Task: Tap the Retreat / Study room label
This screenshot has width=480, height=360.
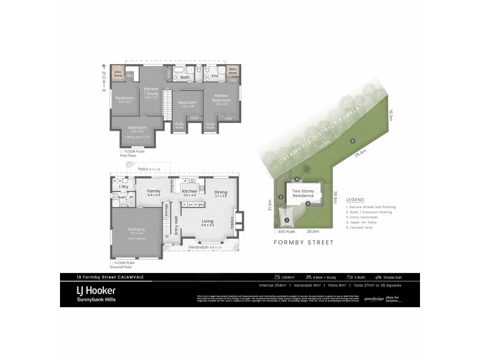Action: [x=151, y=91]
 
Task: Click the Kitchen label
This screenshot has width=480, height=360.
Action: [x=190, y=191]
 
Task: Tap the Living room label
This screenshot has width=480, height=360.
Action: [x=207, y=221]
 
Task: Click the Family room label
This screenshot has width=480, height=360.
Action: [x=154, y=191]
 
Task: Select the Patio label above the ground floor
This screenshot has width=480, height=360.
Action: [x=143, y=169]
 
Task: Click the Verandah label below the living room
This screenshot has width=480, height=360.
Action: [x=197, y=247]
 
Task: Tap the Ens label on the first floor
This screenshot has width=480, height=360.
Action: [x=214, y=76]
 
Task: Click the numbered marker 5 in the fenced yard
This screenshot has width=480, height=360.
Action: [x=352, y=141]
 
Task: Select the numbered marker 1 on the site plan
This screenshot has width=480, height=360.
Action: [x=287, y=221]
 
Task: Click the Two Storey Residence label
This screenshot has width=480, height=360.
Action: [x=303, y=193]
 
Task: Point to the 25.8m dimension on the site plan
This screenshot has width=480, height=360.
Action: [x=313, y=232]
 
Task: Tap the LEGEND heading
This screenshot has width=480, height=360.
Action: [x=355, y=199]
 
